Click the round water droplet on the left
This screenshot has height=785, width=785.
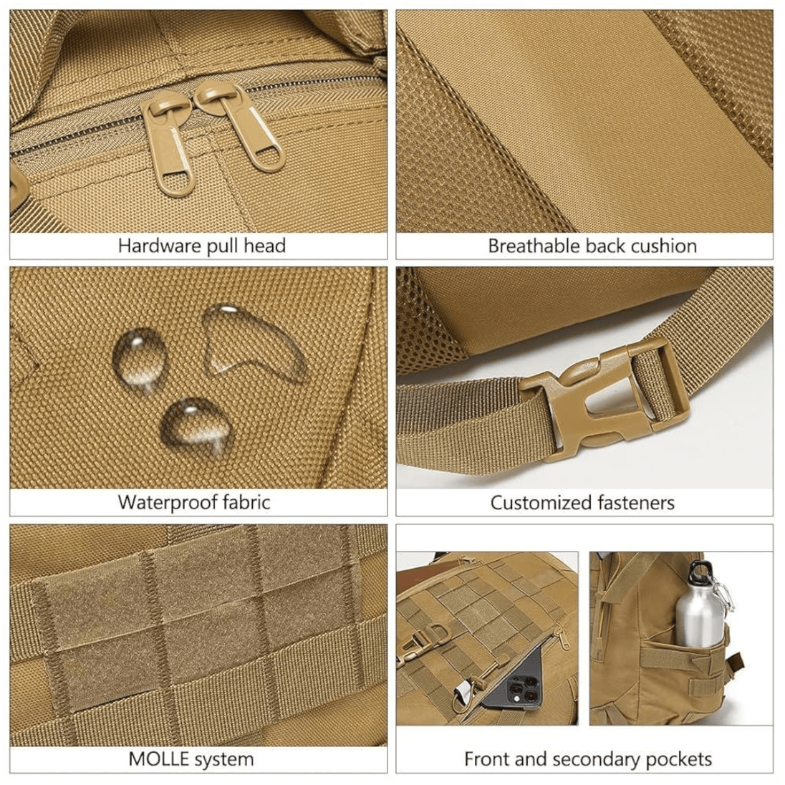coord(139,357)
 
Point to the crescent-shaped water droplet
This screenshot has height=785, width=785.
coord(250,340)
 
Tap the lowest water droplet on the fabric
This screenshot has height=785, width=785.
coord(196,425)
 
